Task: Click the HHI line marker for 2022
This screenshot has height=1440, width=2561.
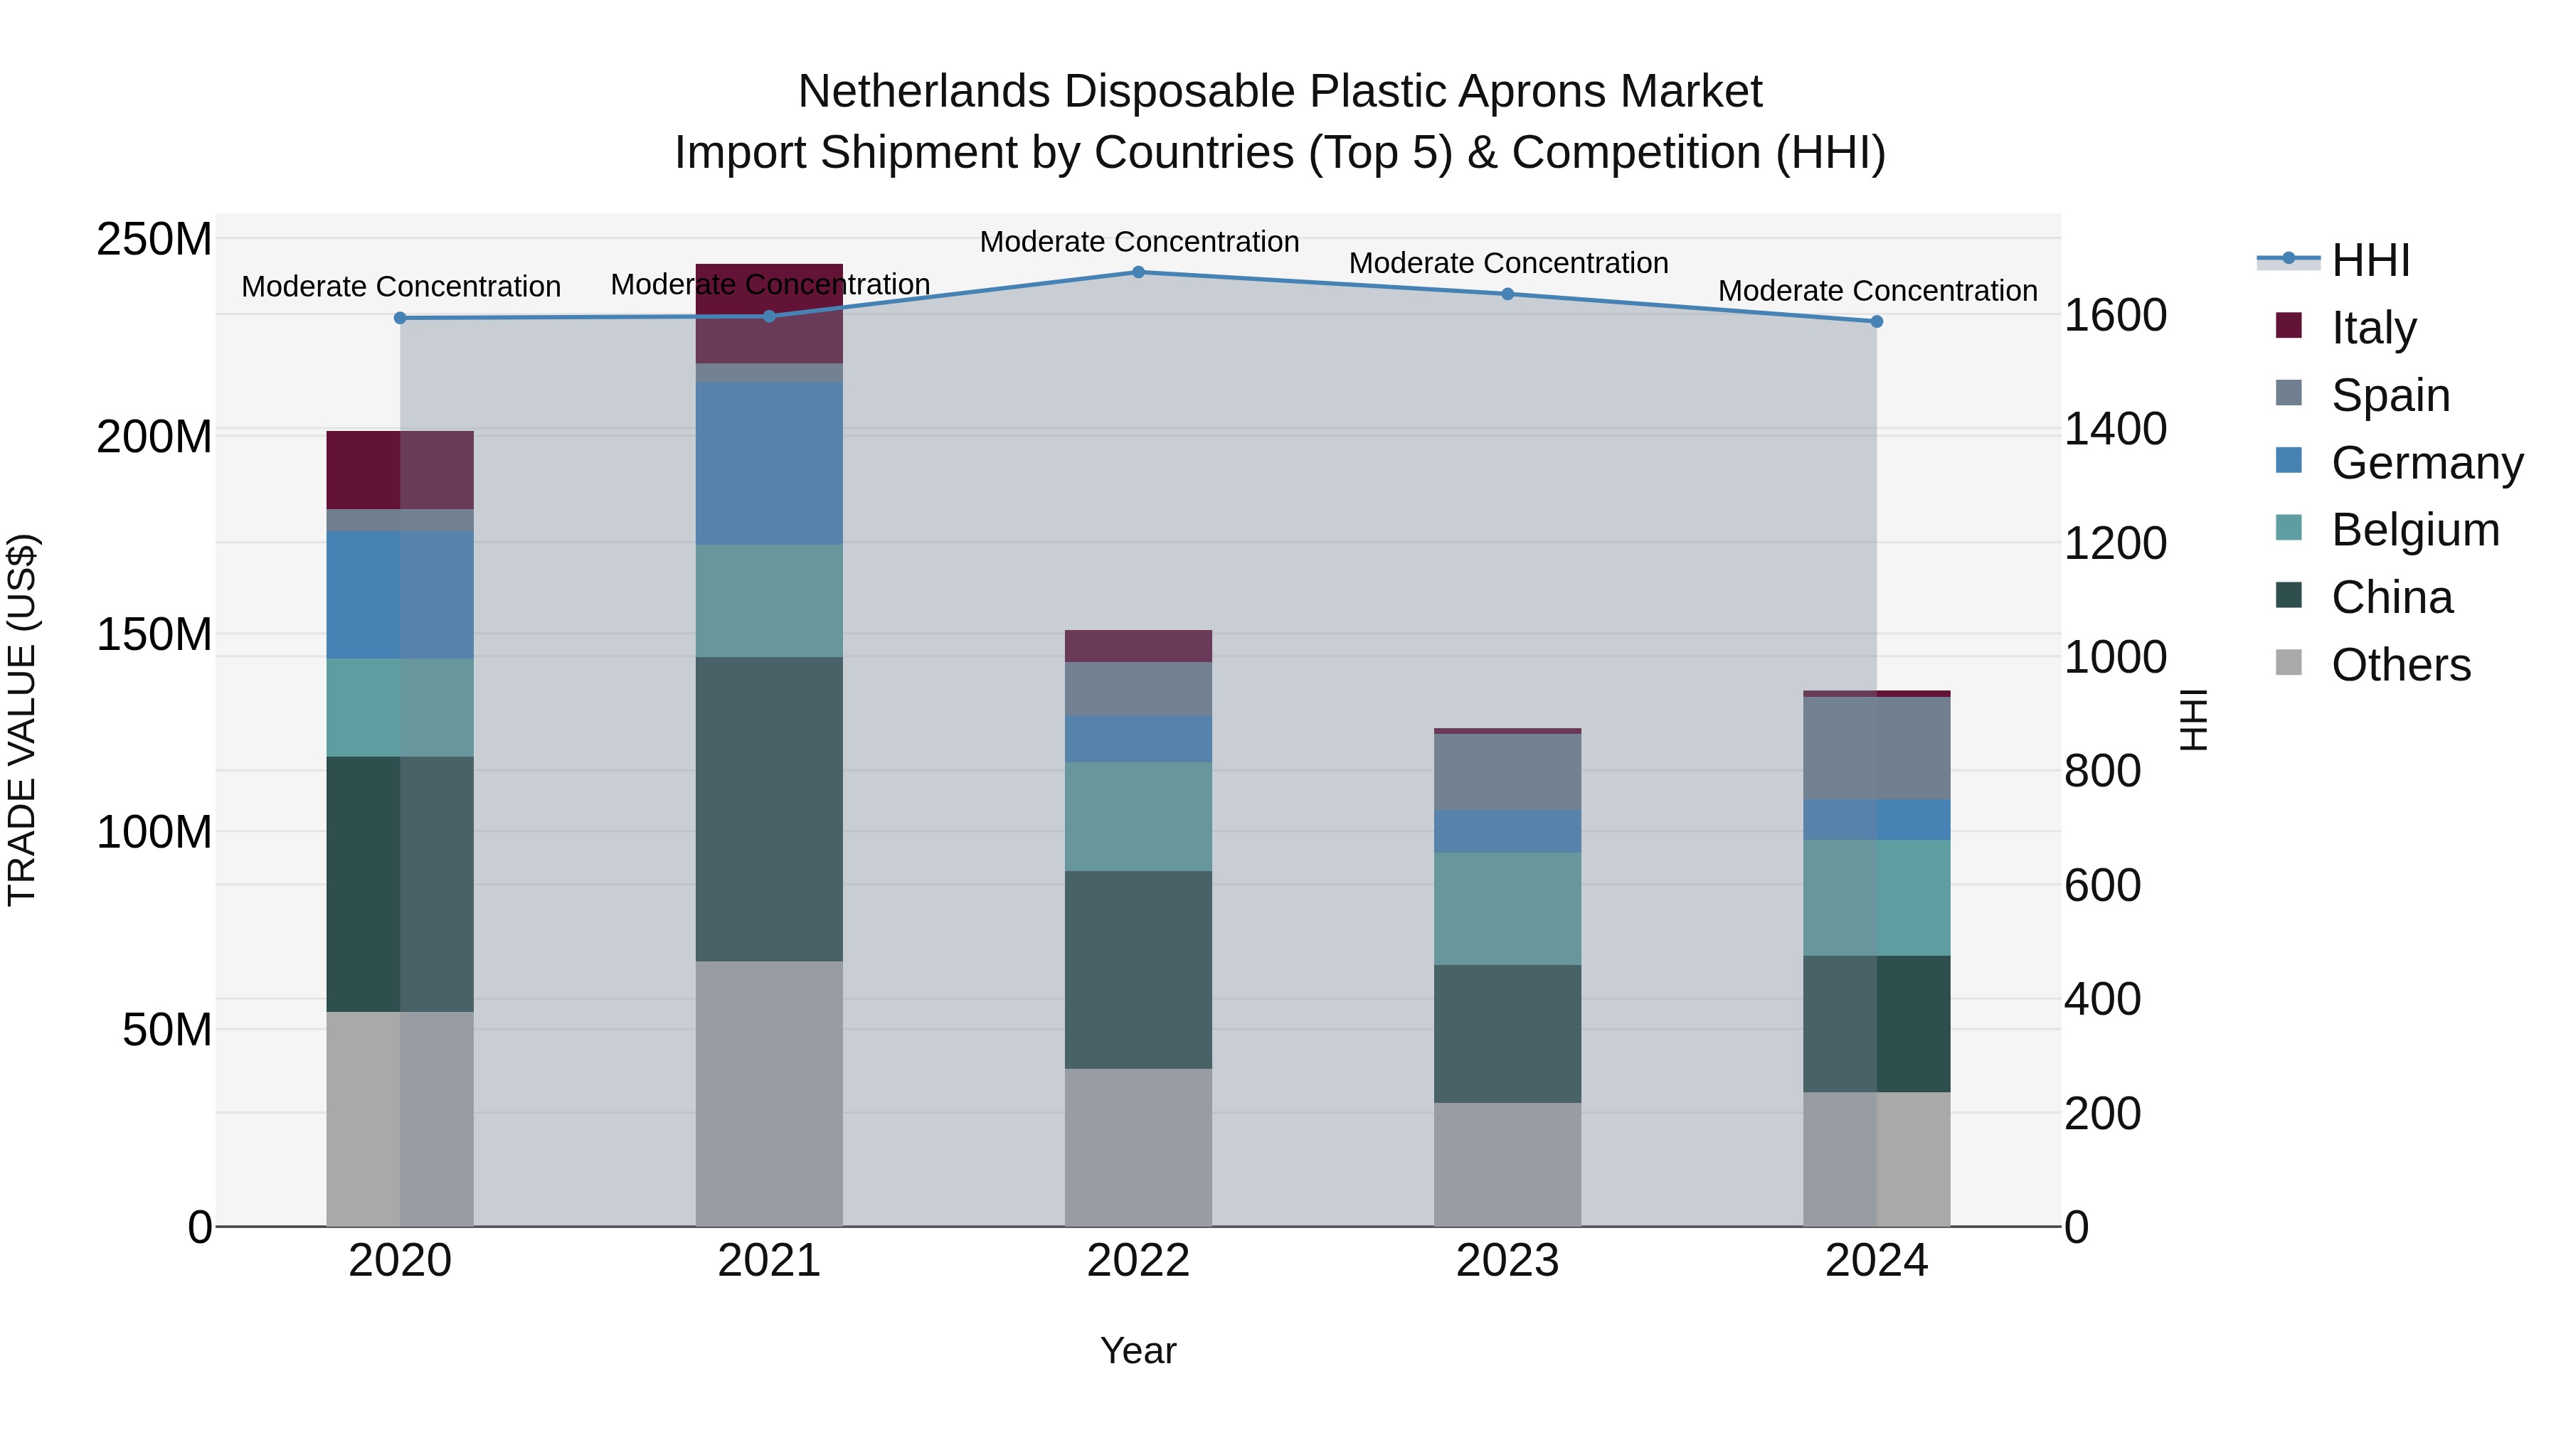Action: point(1138,272)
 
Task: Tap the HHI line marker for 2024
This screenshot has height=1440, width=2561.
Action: point(1876,321)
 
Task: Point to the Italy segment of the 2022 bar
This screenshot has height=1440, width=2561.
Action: point(1138,646)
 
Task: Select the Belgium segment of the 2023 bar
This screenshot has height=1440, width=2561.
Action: point(1507,908)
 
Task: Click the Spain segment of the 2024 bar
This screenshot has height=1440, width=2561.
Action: point(1876,747)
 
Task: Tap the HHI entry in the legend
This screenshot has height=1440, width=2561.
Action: point(2370,260)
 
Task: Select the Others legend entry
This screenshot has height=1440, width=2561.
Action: point(2400,665)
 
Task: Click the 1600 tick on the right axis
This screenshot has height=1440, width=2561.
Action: point(2115,315)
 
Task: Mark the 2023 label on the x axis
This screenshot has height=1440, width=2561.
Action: point(1507,1261)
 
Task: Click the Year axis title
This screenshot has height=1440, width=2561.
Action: point(1138,1350)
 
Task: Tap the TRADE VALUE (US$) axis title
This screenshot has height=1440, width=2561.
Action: point(22,720)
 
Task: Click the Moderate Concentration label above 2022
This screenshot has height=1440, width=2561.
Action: point(1138,242)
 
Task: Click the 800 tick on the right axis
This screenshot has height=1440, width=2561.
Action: point(2101,771)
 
